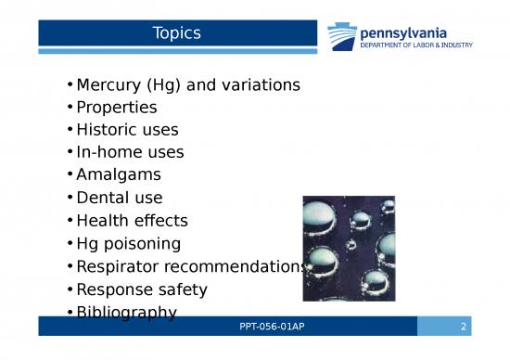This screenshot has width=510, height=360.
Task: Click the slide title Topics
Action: click(x=177, y=33)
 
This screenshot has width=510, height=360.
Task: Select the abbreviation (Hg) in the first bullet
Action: click(x=175, y=85)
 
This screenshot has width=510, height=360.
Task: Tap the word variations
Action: click(x=263, y=85)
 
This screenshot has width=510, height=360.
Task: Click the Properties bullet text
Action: click(x=117, y=108)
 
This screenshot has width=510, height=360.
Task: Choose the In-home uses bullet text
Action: click(x=130, y=152)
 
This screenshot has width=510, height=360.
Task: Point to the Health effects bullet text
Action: click(x=132, y=221)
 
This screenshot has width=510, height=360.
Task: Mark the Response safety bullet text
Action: click(x=142, y=289)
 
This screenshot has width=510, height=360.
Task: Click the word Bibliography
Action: click(x=127, y=313)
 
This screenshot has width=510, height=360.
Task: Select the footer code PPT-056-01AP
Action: click(x=266, y=327)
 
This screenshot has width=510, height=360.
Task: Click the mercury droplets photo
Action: click(x=350, y=248)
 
